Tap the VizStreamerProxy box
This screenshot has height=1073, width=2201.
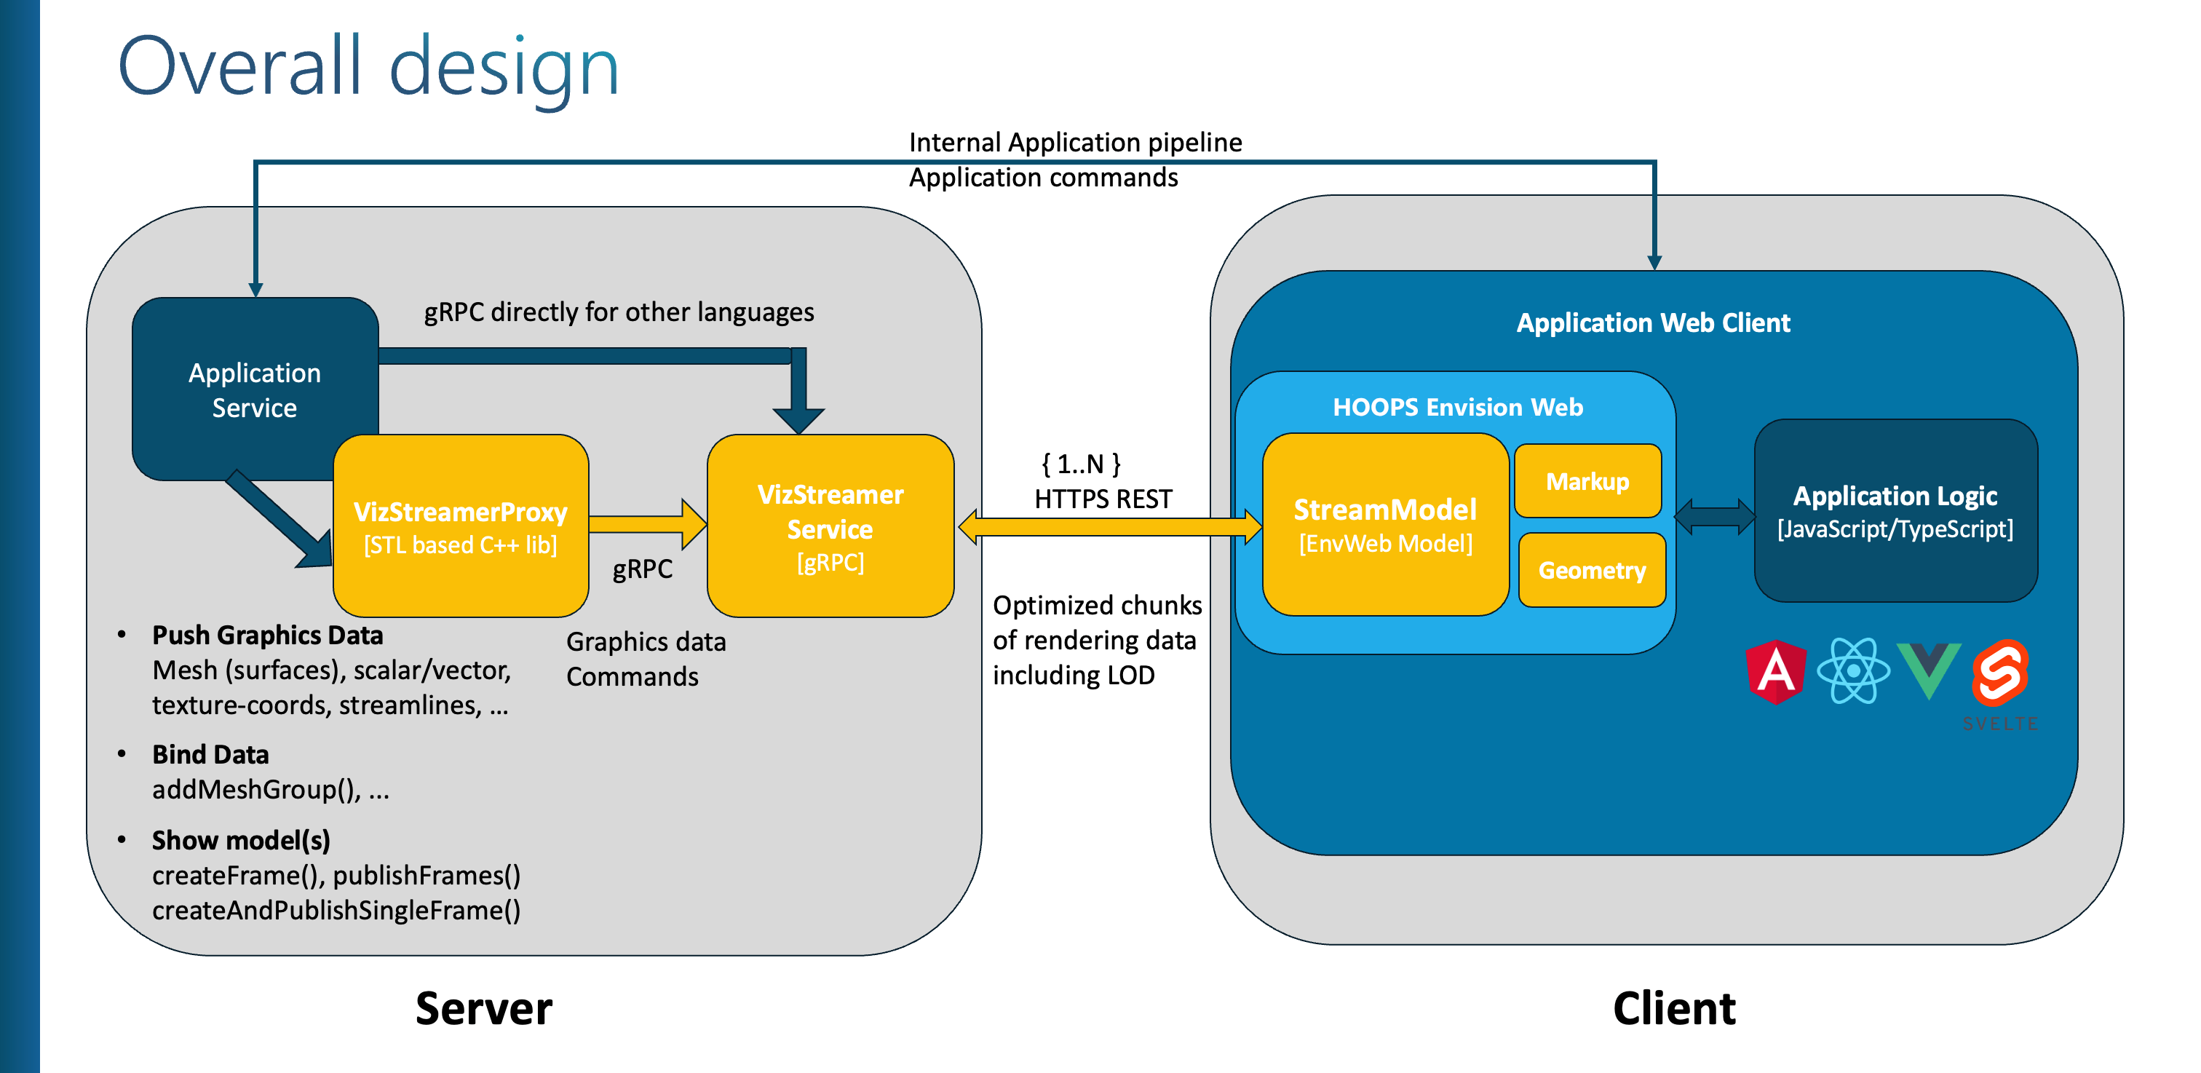[461, 526]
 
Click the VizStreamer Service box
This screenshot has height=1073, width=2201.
[830, 526]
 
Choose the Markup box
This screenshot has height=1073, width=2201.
[1587, 481]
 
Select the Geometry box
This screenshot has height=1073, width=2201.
[1592, 570]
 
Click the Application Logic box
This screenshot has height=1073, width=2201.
[1895, 511]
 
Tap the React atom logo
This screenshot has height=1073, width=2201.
[1852, 671]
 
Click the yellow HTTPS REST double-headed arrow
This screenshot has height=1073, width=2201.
[1110, 527]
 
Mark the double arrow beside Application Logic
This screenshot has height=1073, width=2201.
[1715, 516]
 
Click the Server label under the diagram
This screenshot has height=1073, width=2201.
[483, 1008]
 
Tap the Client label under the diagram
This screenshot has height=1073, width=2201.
[1674, 1008]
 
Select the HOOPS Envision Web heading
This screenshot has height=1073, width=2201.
[1458, 407]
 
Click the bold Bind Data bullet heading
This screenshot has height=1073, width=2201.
[210, 754]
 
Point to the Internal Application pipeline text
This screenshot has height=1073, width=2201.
[1075, 142]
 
